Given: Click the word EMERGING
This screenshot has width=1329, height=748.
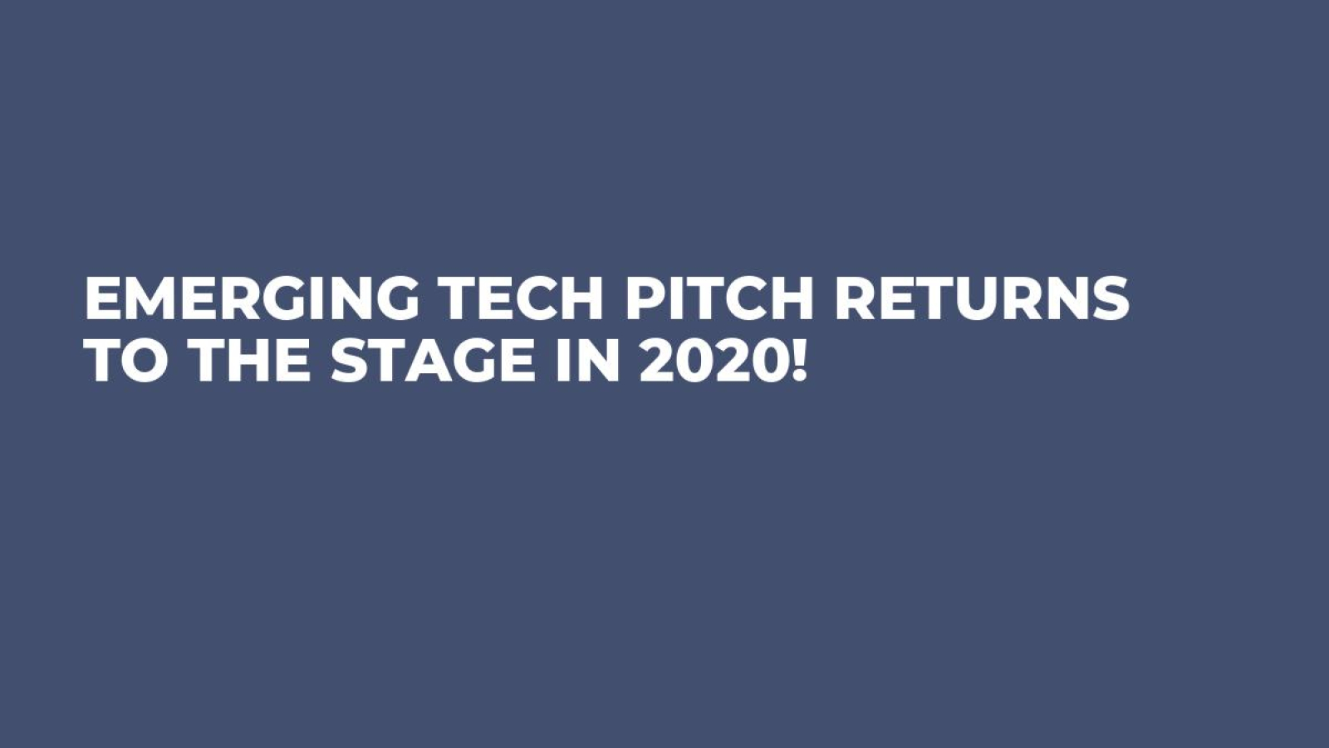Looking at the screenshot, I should click(x=252, y=298).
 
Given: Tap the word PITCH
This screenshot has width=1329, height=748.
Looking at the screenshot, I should click(x=719, y=298).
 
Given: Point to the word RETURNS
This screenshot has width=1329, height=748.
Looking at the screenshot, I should click(x=982, y=298).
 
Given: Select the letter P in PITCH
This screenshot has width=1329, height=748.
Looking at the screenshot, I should click(x=643, y=298).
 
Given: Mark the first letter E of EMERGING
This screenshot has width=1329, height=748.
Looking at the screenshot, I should click(x=103, y=298).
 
